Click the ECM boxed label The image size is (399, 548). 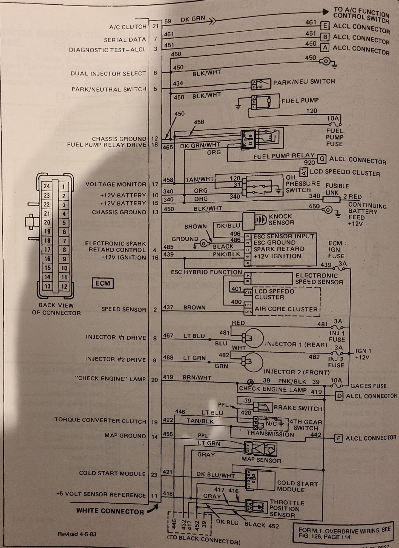(102, 283)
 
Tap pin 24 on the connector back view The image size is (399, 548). (47, 186)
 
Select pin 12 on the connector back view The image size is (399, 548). (64, 287)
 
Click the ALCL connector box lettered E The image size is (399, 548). (325, 26)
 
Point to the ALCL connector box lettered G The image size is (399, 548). (322, 159)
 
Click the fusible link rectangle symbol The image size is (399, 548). (331, 200)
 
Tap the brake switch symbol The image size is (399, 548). (263, 407)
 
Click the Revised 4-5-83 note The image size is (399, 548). (77, 534)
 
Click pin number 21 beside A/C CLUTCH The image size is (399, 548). (155, 26)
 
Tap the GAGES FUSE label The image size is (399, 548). (368, 386)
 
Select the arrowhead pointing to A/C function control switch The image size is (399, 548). (325, 12)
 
